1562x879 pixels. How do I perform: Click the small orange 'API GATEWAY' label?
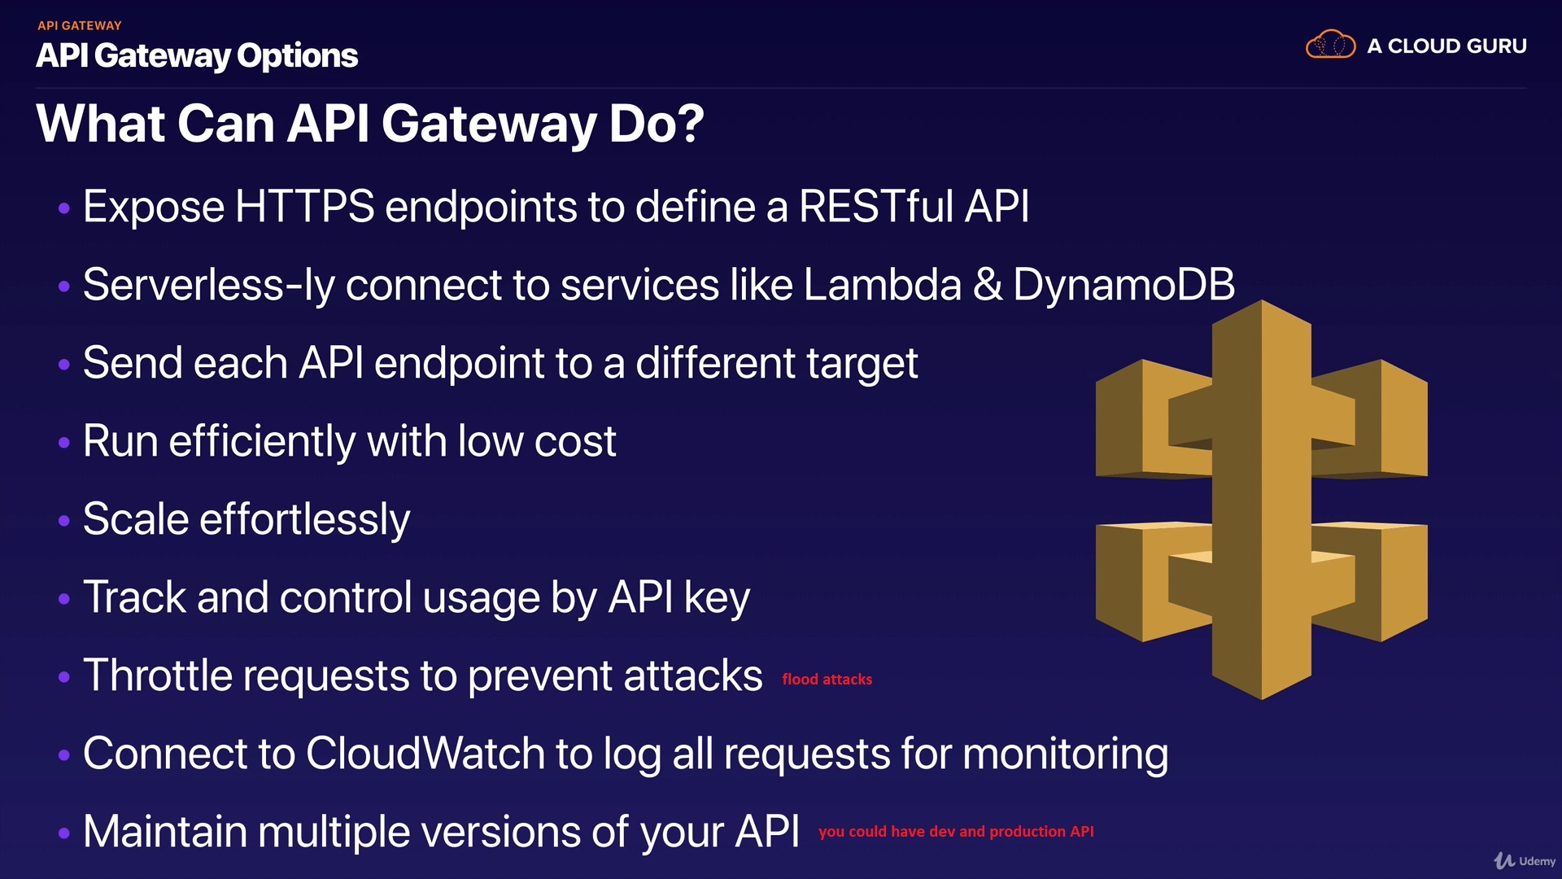[x=79, y=25]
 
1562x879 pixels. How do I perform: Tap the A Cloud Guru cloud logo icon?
[x=1330, y=45]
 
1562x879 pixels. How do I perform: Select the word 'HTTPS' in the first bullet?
[x=304, y=207]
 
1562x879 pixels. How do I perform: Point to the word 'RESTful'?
[x=875, y=207]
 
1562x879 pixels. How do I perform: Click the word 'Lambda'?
[x=883, y=285]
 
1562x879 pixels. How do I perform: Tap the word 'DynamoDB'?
[x=1124, y=285]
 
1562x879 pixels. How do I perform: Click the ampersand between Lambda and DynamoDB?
[x=988, y=285]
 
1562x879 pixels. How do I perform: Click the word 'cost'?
[x=575, y=442]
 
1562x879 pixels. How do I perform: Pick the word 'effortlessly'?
[x=305, y=520]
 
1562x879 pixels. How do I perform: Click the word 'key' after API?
[x=717, y=598]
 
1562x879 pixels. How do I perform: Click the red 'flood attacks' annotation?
[x=827, y=679]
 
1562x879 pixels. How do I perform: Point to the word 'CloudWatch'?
[x=425, y=754]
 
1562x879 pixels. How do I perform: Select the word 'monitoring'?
[x=1065, y=755]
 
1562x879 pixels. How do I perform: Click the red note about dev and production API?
[x=956, y=831]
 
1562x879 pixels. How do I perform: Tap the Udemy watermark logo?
[x=1524, y=860]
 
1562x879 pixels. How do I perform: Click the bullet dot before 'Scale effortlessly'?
[x=64, y=521]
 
